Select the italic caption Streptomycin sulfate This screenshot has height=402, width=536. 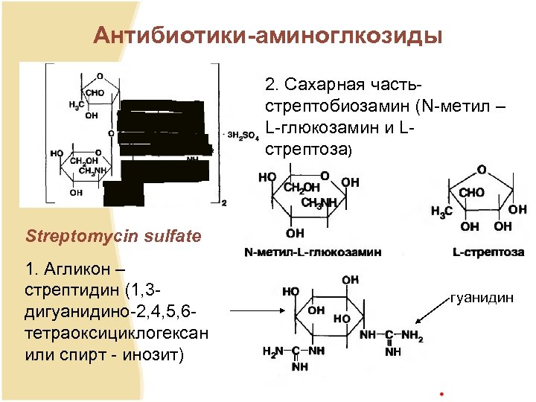point(113,237)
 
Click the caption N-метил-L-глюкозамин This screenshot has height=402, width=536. point(313,252)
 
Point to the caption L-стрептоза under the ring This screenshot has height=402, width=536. point(488,252)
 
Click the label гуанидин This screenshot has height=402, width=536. point(482,298)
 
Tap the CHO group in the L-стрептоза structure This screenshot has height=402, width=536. point(471,193)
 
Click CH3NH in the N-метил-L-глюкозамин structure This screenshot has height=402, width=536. point(319,202)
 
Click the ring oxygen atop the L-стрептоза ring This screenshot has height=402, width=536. point(482,170)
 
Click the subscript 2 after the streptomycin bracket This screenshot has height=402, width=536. point(223,202)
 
